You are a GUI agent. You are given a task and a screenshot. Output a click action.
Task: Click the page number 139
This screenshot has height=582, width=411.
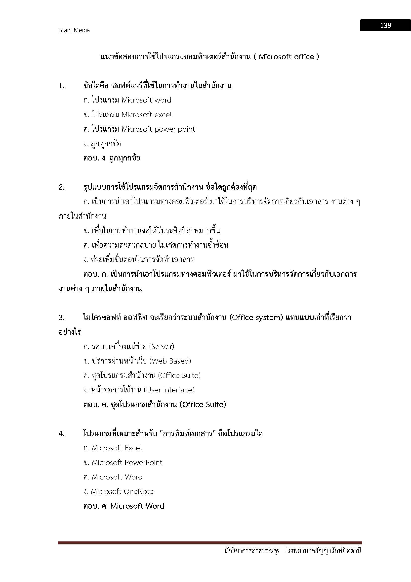coord(385,25)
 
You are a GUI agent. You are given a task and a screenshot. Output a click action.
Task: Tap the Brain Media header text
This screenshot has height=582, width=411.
coord(74,30)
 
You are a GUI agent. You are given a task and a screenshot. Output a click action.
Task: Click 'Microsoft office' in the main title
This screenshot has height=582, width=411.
coord(286,57)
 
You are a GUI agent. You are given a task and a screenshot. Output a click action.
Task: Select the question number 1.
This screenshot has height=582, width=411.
coord(61,86)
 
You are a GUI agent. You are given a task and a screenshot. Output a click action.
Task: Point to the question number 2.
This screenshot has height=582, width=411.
coord(61,188)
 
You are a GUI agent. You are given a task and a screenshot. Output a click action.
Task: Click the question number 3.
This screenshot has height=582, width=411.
coord(61,317)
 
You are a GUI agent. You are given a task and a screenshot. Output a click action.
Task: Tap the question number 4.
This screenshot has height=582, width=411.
coord(61,434)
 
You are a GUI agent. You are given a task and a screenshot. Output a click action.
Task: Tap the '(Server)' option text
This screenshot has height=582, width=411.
coord(162,347)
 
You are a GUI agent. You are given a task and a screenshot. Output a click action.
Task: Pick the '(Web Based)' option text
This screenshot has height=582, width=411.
coord(170,361)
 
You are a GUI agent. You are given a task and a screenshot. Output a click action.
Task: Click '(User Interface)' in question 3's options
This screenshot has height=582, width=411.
coord(169,390)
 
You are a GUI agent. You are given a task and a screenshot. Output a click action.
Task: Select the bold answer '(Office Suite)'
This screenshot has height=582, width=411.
coord(203,405)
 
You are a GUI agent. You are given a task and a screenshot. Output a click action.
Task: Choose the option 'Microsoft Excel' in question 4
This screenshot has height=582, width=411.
coord(117,448)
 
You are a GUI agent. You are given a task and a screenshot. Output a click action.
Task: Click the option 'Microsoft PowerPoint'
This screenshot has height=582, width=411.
coord(127,463)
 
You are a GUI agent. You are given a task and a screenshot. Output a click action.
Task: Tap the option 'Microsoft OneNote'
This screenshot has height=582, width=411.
coord(122,491)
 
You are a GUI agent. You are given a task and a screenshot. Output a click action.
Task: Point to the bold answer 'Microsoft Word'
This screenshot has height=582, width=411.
coord(137,506)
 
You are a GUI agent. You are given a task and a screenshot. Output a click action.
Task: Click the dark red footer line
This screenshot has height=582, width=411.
coord(209,543)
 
